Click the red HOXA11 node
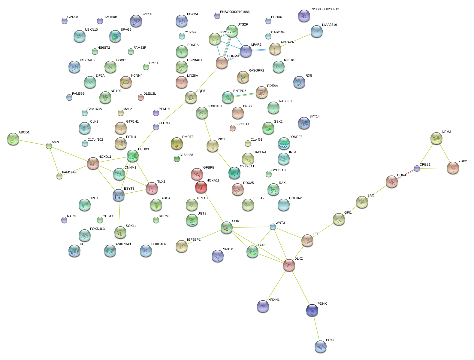201,187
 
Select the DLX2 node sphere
289,265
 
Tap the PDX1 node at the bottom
321,346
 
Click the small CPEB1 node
417,168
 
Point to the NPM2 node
436,138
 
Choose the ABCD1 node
13,139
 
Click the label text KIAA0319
329,25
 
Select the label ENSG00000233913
324,9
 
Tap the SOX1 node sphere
227,227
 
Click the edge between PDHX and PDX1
316,328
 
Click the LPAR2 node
246,51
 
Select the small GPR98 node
65,21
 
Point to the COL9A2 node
284,205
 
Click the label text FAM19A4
69,172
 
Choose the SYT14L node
136,21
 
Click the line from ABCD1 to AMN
31,142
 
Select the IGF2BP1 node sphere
181,246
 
